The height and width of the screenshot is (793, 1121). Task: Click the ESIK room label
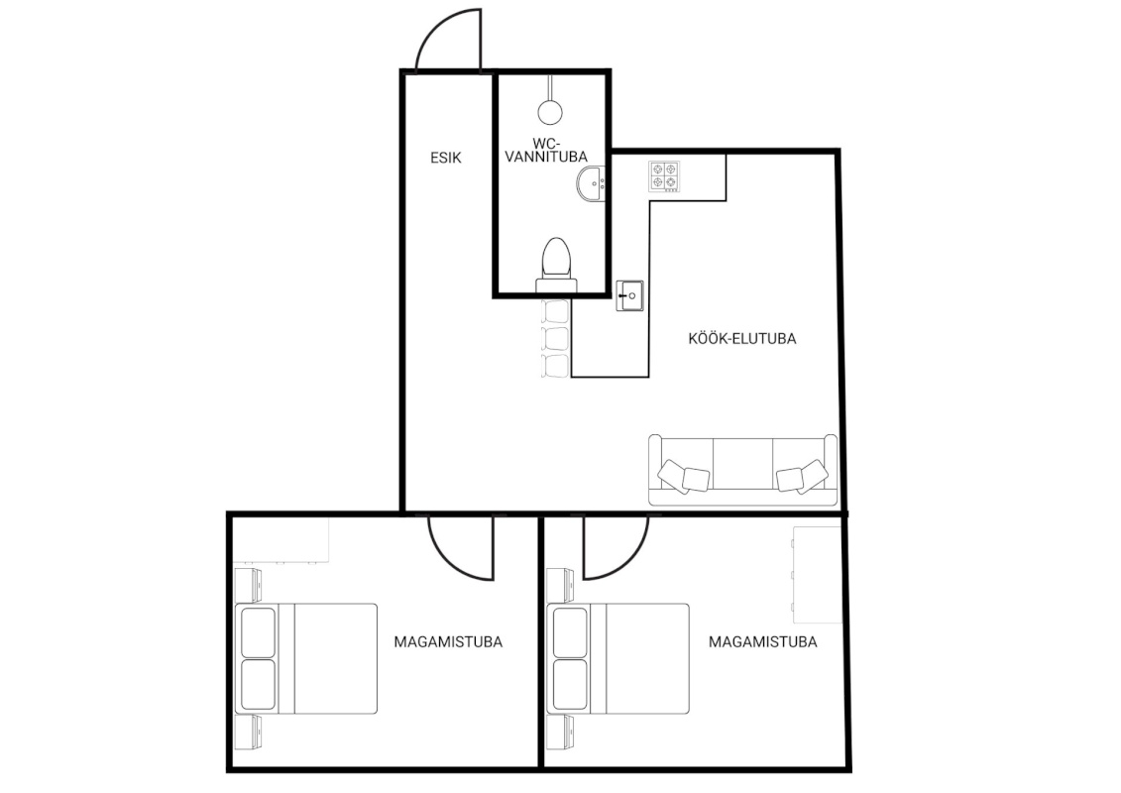445,158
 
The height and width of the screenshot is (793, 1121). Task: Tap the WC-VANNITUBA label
546,150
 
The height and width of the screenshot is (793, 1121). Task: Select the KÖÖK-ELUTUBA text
742,338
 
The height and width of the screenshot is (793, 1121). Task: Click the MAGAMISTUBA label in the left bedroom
448,641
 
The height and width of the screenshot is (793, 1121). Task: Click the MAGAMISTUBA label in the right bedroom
763,641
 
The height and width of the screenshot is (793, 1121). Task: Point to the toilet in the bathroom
556,265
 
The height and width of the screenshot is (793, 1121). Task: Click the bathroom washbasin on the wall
592,183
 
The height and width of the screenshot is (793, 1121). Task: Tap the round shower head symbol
549,111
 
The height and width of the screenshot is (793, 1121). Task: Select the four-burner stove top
664,176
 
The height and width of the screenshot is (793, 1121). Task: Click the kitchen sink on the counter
629,295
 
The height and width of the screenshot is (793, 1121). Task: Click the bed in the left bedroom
306,658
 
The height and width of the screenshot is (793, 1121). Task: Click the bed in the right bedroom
617,658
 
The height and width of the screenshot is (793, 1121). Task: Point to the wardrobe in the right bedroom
817,574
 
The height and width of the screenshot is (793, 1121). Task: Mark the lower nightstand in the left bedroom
248,733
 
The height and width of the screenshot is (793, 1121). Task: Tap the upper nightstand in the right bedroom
560,585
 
